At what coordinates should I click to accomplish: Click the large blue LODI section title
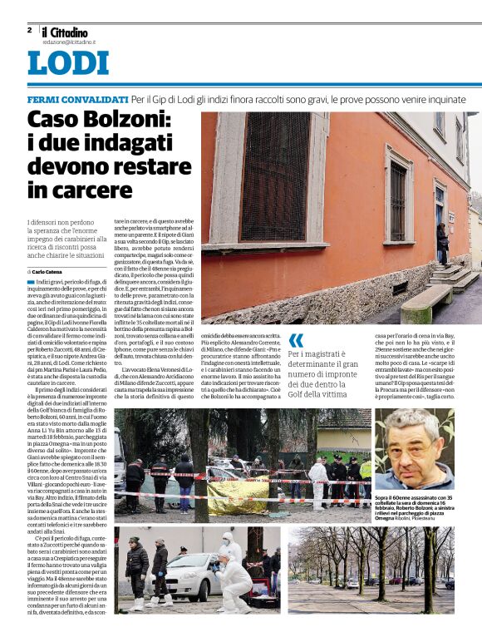(67, 64)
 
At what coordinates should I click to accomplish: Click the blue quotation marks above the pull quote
(296, 339)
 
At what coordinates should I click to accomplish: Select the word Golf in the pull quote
(299, 387)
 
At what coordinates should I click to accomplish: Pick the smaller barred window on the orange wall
(398, 200)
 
